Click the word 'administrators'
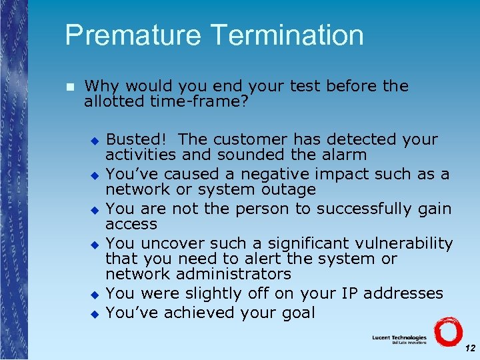coord(233,274)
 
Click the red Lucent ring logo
coord(448,331)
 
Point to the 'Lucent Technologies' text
coord(399,338)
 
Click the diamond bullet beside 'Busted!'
coord(95,141)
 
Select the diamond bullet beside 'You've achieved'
coord(95,313)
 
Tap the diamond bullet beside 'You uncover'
coord(95,244)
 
